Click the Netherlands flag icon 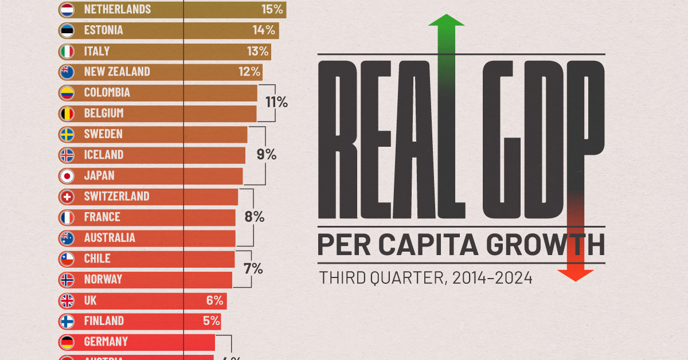click(67, 9)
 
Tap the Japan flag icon click(67, 175)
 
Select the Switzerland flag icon click(67, 196)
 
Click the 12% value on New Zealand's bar click(249, 72)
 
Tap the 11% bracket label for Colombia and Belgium click(276, 103)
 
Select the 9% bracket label click(267, 154)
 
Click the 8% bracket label click(255, 217)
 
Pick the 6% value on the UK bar click(214, 300)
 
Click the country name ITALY click(96, 51)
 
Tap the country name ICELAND click(103, 155)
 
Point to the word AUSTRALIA click(109, 237)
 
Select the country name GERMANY click(105, 342)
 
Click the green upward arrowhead click(446, 21)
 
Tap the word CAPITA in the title click(422, 245)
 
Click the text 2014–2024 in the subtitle click(492, 279)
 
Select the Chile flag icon click(67, 259)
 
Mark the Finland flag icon click(67, 321)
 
